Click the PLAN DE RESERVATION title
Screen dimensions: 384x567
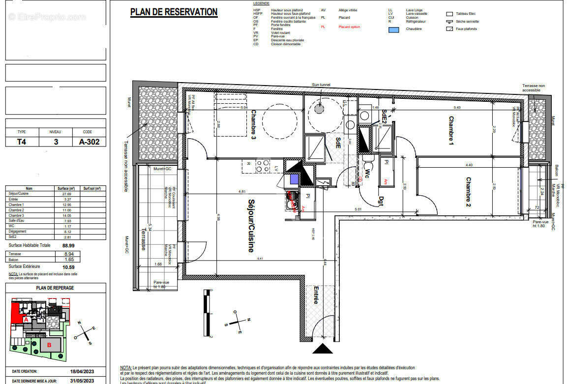tap(174, 12)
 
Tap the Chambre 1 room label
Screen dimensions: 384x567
tap(450, 130)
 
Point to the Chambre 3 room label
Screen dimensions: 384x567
tap(254, 124)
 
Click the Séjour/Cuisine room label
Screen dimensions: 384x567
tap(251, 226)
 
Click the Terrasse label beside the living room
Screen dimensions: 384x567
tap(144, 238)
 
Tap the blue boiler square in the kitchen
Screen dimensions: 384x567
tap(294, 179)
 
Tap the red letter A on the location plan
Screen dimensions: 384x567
tap(26, 319)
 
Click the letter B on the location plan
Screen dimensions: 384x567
tap(49, 345)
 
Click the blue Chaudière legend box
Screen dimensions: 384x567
tap(393, 29)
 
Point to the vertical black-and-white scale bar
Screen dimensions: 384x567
tap(208, 313)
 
